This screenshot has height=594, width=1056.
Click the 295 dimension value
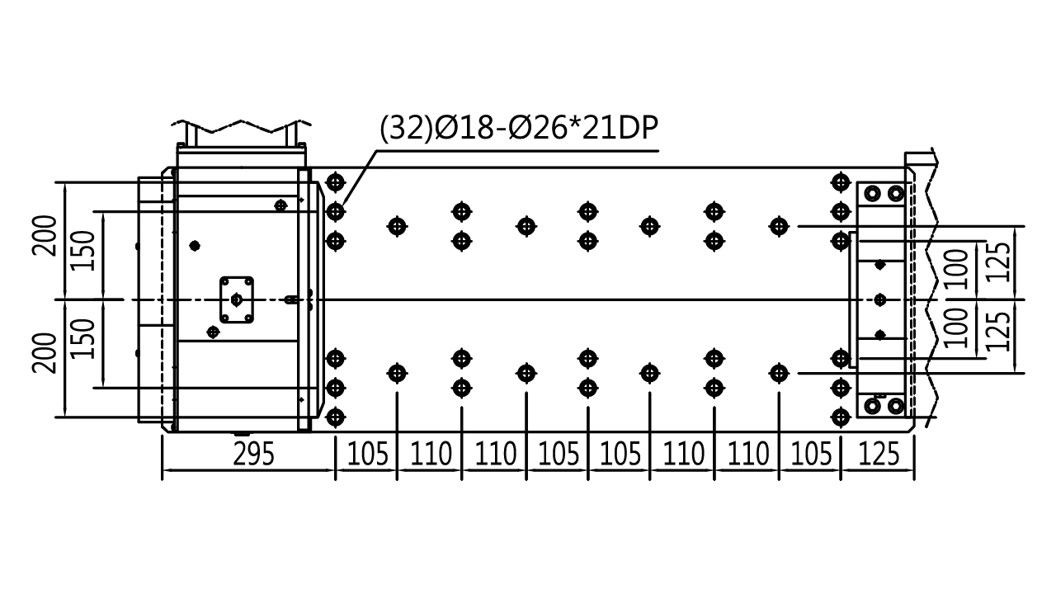click(x=253, y=454)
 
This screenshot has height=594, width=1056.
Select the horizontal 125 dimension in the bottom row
click(x=879, y=454)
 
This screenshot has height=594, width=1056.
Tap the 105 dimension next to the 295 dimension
click(x=367, y=454)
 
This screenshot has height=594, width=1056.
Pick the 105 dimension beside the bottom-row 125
click(x=810, y=454)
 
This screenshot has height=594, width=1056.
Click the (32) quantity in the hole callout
click(x=406, y=128)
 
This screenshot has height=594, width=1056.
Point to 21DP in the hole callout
click(x=620, y=128)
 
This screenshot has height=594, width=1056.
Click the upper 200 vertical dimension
click(x=45, y=236)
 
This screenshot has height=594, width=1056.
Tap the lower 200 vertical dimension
click(x=45, y=353)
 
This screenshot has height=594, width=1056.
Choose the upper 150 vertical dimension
click(x=83, y=251)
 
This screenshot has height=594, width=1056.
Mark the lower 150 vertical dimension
click(x=83, y=338)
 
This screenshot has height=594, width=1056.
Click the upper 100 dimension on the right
click(x=956, y=269)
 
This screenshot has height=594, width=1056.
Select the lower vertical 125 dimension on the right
click(x=997, y=332)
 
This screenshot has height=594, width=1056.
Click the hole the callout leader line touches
click(x=335, y=212)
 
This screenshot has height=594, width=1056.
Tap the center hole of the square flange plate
click(x=236, y=299)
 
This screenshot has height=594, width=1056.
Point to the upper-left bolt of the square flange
click(x=225, y=282)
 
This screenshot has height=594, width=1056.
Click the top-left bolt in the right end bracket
click(x=873, y=193)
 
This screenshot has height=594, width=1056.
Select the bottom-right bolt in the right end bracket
click(x=895, y=405)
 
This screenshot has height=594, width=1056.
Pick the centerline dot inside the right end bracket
click(x=879, y=299)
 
